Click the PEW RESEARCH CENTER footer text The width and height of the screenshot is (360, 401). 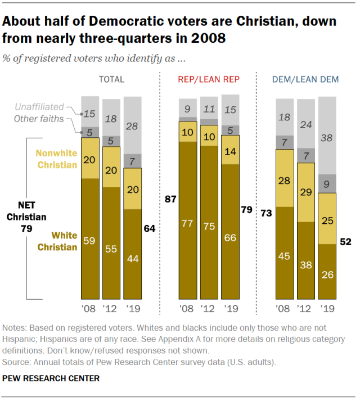51,379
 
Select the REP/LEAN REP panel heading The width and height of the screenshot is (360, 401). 208,80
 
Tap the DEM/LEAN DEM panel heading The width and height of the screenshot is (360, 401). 305,80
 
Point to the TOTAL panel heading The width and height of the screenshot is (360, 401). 111,80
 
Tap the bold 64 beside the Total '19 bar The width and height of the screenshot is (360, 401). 149,229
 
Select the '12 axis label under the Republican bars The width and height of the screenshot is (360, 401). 209,309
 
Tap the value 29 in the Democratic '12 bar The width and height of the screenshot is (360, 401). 306,192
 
